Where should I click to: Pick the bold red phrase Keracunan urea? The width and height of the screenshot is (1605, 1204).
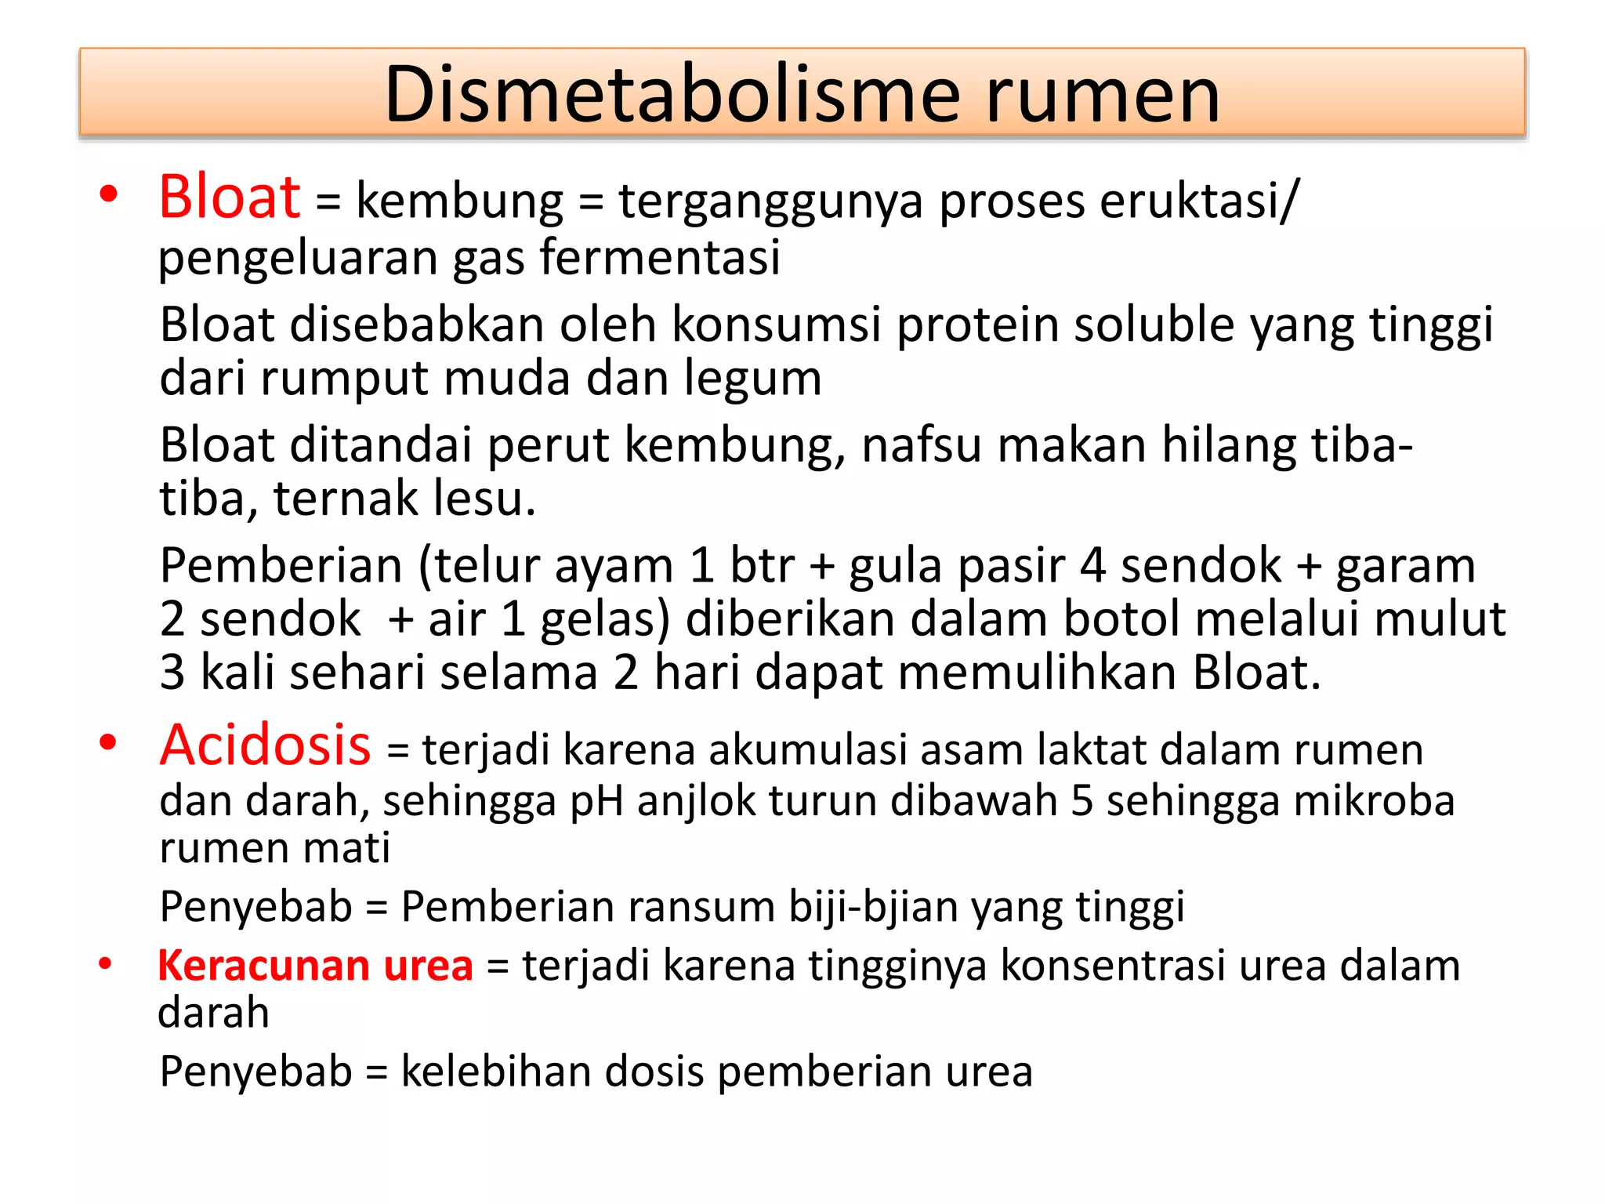pos(315,965)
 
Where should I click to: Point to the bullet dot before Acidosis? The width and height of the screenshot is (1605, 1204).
pos(108,742)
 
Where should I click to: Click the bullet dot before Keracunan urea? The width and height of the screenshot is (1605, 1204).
pos(105,965)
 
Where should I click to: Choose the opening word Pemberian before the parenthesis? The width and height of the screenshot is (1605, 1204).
pos(281,566)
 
